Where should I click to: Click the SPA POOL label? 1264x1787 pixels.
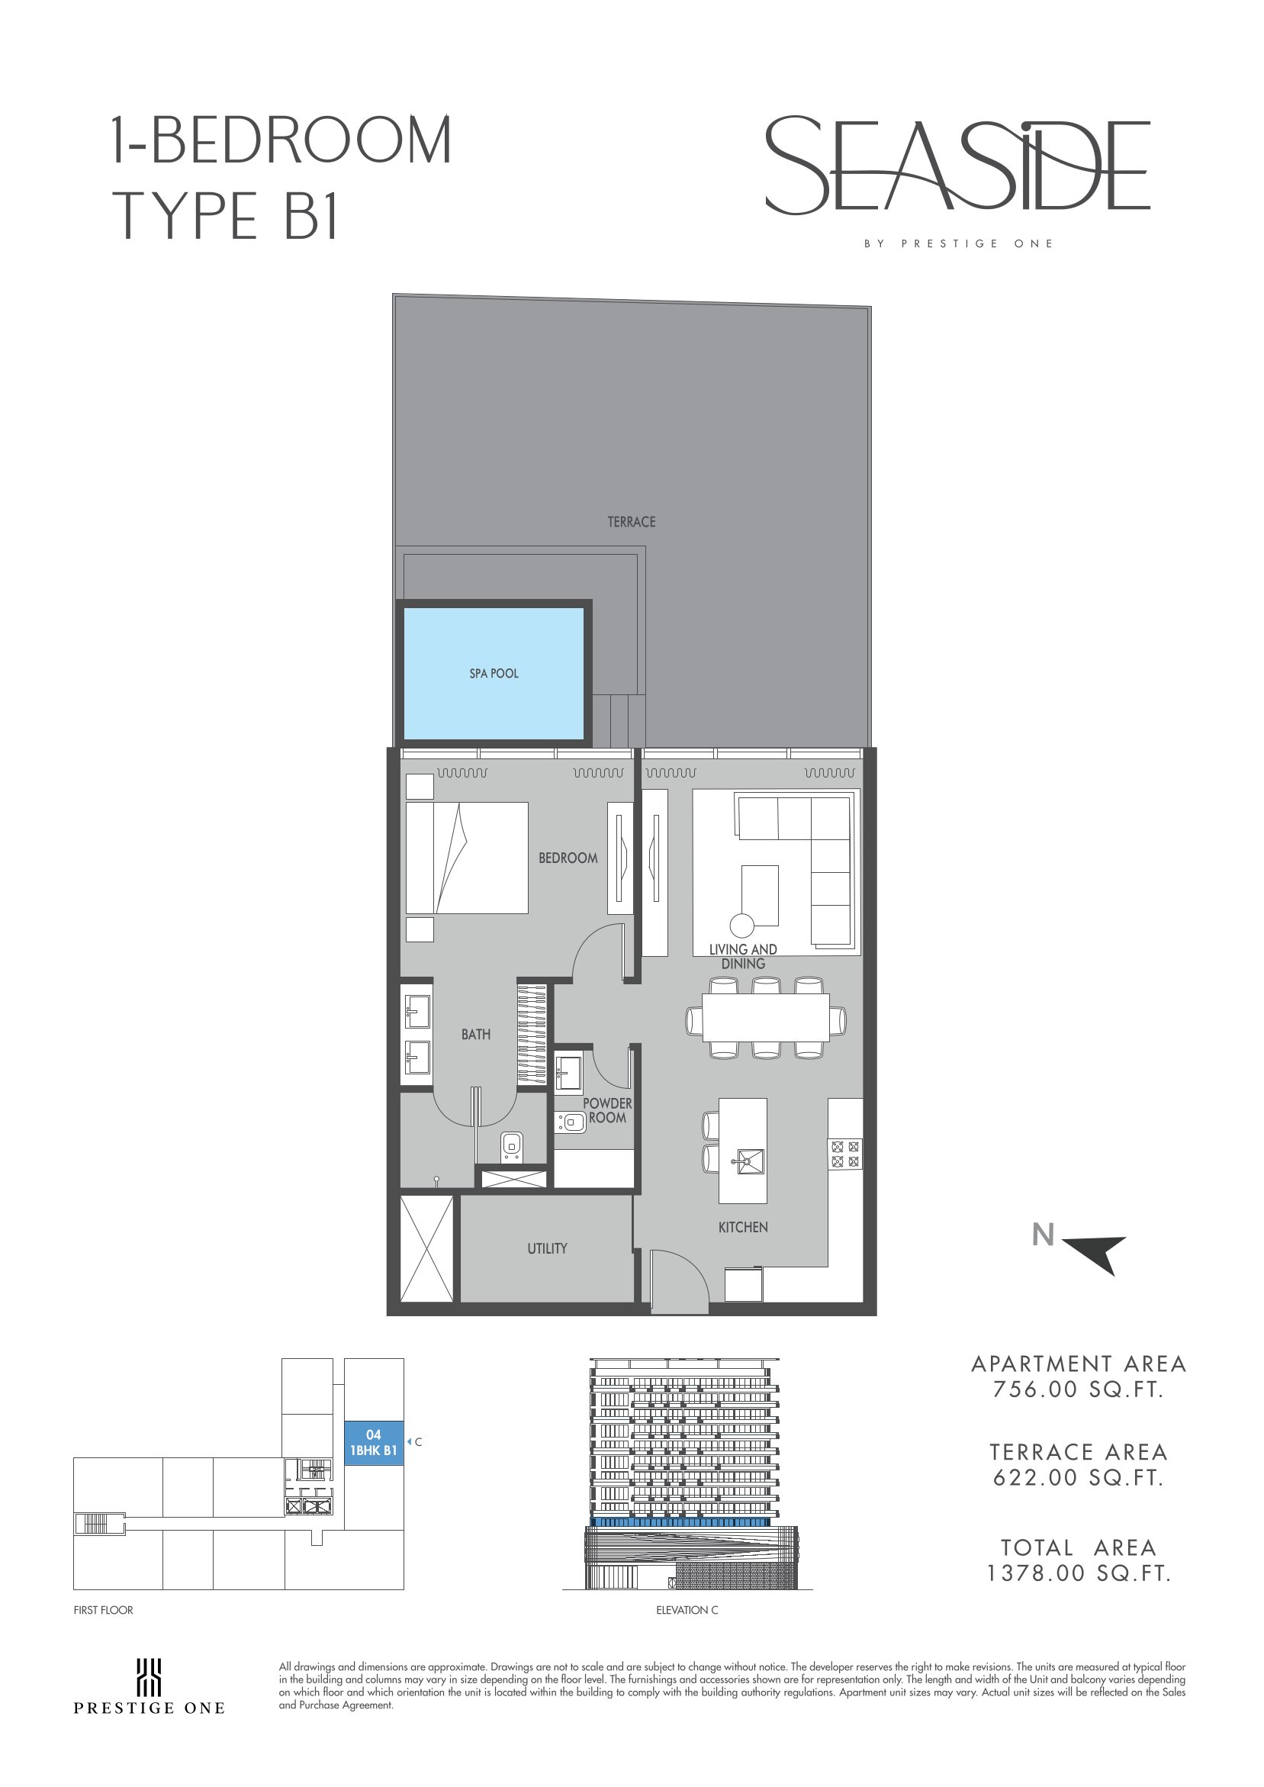[x=494, y=673]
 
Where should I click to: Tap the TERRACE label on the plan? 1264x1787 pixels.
[x=631, y=521]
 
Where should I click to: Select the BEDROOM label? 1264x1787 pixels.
[x=568, y=858]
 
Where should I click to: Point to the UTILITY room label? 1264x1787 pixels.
[x=547, y=1248]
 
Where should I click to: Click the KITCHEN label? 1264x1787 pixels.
[x=742, y=1228]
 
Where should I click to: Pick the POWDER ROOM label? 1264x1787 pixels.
[x=607, y=1111]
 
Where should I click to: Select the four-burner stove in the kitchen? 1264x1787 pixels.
[x=845, y=1154]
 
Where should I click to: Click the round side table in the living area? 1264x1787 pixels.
[x=741, y=926]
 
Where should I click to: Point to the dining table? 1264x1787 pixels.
[x=766, y=1017]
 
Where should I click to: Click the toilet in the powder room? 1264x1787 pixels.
[x=571, y=1122]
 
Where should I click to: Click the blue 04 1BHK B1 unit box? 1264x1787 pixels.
[x=374, y=1442]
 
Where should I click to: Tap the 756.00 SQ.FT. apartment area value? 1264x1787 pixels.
[x=1078, y=1389]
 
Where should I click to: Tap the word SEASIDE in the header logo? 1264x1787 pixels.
[x=958, y=166]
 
